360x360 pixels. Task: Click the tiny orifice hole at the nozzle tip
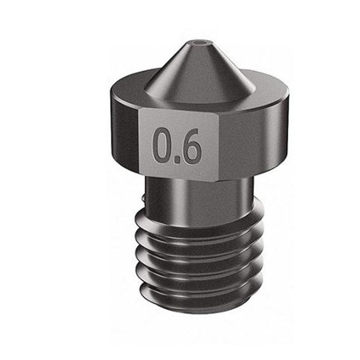198,45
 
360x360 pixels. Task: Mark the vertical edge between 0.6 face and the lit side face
220,144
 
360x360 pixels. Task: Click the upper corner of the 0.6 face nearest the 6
219,109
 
